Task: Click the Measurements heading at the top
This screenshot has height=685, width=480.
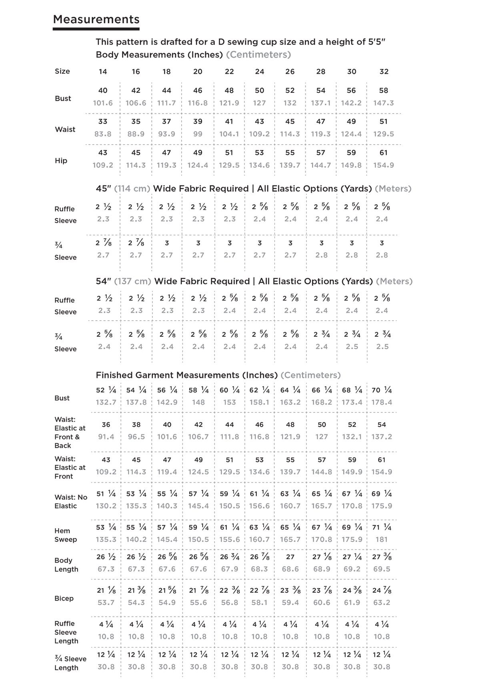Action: (x=96, y=19)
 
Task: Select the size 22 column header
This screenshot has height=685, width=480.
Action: (x=229, y=72)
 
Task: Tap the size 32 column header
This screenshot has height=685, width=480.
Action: (x=384, y=72)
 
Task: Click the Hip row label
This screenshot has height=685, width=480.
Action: (x=61, y=161)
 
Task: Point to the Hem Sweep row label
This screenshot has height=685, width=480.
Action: (x=65, y=535)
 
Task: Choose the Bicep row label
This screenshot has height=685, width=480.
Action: (x=64, y=598)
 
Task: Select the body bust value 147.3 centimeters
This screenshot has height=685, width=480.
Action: (x=383, y=103)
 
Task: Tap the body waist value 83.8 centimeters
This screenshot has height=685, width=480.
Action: (x=103, y=134)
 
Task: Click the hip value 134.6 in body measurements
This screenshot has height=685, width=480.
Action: (x=259, y=165)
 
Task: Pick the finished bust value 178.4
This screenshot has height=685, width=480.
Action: (x=382, y=402)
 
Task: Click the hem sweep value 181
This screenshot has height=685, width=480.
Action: (x=382, y=539)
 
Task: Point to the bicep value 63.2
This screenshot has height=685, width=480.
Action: (x=382, y=602)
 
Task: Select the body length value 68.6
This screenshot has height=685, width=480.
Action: (x=290, y=569)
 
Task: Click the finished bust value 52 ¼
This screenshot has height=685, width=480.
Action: (x=106, y=390)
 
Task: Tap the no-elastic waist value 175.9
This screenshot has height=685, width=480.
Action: (x=382, y=506)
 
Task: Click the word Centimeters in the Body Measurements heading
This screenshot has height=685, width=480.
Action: (x=258, y=54)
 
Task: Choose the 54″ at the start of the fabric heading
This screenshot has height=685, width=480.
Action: (x=103, y=281)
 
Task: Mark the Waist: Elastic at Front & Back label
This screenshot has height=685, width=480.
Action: (x=70, y=432)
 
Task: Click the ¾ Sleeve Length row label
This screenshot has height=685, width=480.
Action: (x=70, y=663)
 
